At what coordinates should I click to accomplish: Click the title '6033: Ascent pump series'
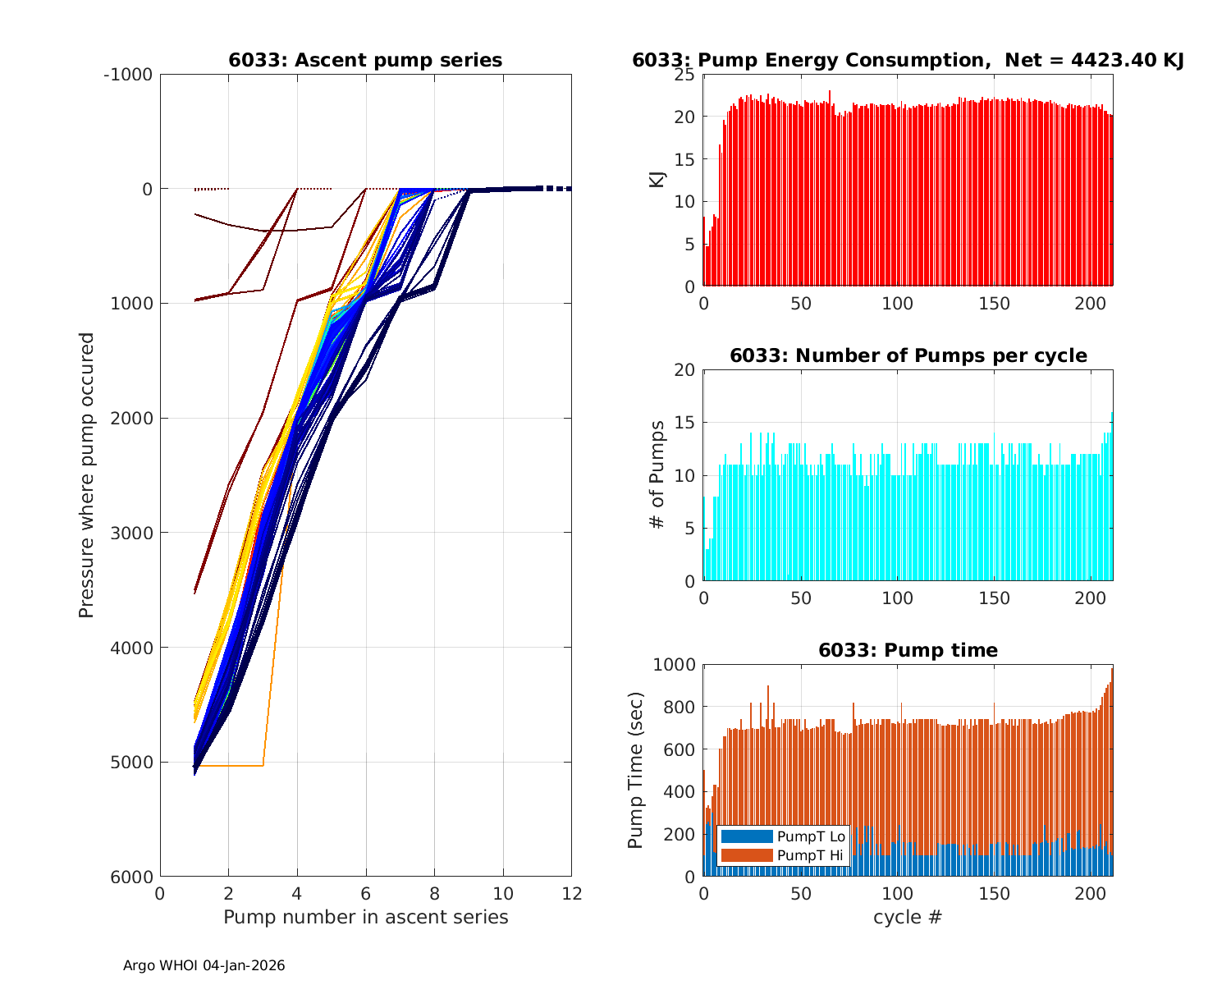(365, 60)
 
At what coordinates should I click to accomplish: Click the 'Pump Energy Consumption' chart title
(908, 60)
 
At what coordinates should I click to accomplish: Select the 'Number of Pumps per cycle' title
(908, 355)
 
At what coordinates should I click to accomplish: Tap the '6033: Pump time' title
(908, 650)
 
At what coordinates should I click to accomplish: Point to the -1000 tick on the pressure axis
(128, 75)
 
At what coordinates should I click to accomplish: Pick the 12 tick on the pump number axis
(571, 894)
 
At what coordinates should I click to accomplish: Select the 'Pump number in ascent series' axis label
(365, 917)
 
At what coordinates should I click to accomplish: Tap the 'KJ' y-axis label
(657, 180)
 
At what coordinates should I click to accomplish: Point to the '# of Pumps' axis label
(657, 475)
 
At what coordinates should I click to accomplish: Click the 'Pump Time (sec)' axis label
(635, 770)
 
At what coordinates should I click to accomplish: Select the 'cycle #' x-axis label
(908, 917)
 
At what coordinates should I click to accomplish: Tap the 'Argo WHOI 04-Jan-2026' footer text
(204, 965)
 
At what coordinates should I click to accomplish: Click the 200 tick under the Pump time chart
(1091, 894)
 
